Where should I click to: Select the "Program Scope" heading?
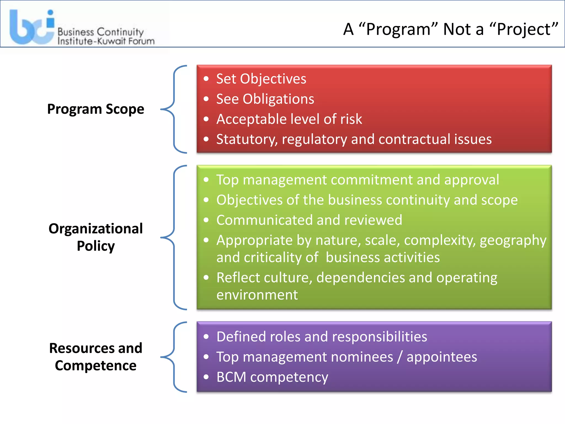point(95,109)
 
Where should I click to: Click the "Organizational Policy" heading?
point(95,237)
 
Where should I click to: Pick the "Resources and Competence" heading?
point(95,357)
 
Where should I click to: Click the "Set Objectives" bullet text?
point(261,79)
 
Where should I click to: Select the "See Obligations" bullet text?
point(265,99)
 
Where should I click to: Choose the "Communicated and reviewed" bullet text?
point(309,220)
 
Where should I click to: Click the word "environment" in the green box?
point(257,295)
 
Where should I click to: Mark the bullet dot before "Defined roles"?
point(206,337)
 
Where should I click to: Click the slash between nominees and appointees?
point(400,357)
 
